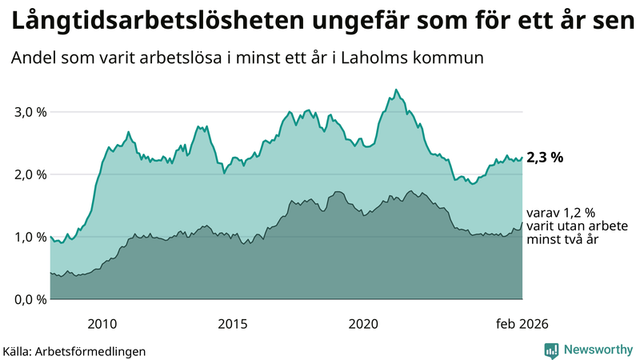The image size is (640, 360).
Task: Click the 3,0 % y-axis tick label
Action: tap(30, 112)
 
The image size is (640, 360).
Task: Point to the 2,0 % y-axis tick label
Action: tap(30, 174)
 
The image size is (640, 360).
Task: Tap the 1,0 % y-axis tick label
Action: tap(30, 237)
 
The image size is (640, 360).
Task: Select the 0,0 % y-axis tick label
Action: tap(30, 299)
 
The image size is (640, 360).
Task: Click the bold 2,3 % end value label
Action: tap(545, 158)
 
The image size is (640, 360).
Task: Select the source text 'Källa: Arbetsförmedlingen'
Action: tap(74, 351)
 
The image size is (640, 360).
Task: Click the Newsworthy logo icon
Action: tap(551, 350)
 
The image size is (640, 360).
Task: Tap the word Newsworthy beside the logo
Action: tap(598, 350)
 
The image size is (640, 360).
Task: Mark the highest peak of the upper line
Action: tap(397, 90)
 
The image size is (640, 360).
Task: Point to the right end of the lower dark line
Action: tap(522, 222)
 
